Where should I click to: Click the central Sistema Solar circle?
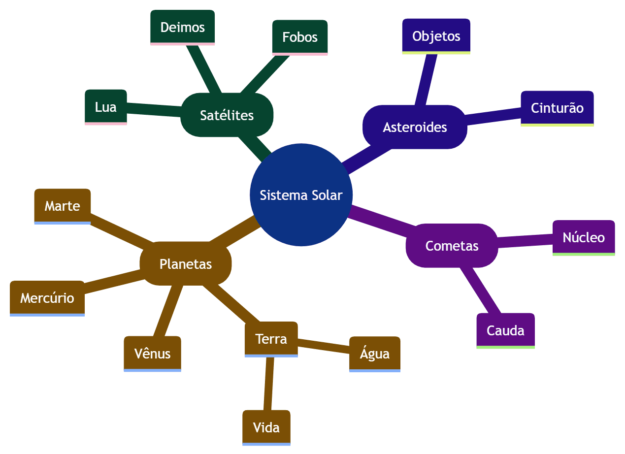[x=300, y=195]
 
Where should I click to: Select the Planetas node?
[x=186, y=264]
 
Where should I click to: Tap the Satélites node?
[x=227, y=115]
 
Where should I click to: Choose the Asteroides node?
[x=415, y=127]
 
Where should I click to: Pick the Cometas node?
[x=452, y=246]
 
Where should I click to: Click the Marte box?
[x=62, y=206]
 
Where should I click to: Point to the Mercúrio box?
[x=47, y=298]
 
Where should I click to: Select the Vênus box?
[x=152, y=354]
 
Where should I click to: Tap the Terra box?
[x=271, y=339]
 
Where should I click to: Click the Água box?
[x=374, y=354]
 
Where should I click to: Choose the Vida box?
[x=266, y=427]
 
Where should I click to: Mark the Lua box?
[x=105, y=106]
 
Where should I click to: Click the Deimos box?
[x=182, y=27]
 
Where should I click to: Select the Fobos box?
[x=299, y=37]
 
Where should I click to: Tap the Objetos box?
[x=436, y=36]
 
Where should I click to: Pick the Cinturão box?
[x=557, y=108]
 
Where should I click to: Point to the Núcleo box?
[x=583, y=237]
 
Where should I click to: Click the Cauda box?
[x=505, y=330]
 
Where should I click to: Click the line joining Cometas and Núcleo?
[x=525, y=240]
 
